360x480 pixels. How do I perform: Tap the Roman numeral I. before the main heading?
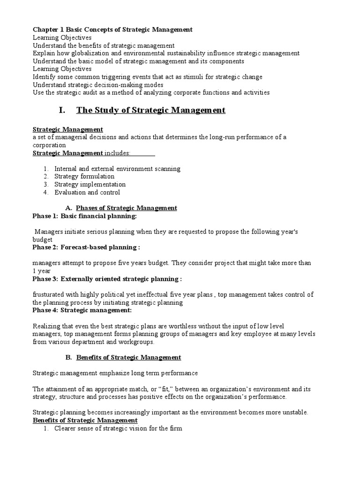(62, 111)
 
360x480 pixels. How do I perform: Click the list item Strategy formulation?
(84, 177)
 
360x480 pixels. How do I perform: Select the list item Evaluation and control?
(87, 193)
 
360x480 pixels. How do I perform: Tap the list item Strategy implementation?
(90, 185)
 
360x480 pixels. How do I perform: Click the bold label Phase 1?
(45, 216)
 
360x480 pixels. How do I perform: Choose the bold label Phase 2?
(45, 247)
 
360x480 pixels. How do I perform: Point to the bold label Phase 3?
(45, 279)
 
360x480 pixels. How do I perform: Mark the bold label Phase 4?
(45, 310)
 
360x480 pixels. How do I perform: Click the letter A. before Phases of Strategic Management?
(68, 208)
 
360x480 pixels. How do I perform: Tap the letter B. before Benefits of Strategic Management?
(68, 358)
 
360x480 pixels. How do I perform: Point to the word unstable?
(296, 412)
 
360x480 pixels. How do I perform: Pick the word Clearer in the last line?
(65, 428)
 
